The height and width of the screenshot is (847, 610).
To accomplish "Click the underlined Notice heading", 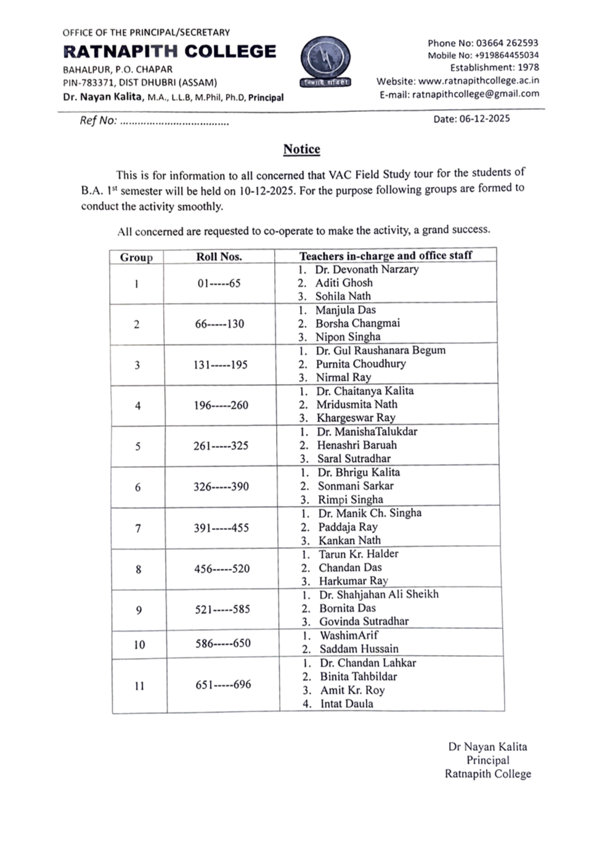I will pyautogui.click(x=301, y=149).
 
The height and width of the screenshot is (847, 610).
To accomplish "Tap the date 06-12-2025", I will pyautogui.click(x=484, y=119).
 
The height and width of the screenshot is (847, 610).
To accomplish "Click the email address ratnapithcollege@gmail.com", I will pyautogui.click(x=475, y=94).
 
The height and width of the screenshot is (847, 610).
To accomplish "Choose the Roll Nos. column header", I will pyautogui.click(x=219, y=257).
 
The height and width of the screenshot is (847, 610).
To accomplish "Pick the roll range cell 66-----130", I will pyautogui.click(x=219, y=324).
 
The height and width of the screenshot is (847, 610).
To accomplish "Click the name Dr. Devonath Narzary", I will pyautogui.click(x=367, y=269).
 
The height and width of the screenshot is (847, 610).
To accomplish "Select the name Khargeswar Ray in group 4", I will pyautogui.click(x=356, y=417).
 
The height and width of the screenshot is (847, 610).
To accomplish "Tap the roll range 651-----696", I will pyautogui.click(x=223, y=684).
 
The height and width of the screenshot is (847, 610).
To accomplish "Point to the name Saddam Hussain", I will pyautogui.click(x=359, y=649).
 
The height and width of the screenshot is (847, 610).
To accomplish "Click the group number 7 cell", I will pyautogui.click(x=138, y=528).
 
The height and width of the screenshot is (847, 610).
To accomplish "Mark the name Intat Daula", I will pyautogui.click(x=346, y=704).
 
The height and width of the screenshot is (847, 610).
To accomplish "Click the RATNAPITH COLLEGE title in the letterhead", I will pyautogui.click(x=169, y=51).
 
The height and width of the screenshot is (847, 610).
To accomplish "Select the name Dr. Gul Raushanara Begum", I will pyautogui.click(x=380, y=350).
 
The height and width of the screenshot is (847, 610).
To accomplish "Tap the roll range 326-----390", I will pyautogui.click(x=221, y=486).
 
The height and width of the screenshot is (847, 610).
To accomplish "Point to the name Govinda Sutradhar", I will pyautogui.click(x=364, y=621).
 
